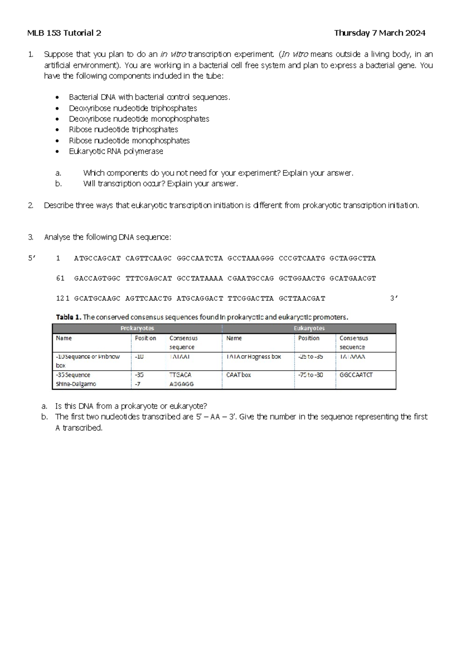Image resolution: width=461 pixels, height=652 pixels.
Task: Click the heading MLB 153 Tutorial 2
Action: tap(64, 33)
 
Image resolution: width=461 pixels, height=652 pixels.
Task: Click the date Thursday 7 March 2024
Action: tap(380, 33)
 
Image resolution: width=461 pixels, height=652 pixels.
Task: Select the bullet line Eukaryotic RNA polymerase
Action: tap(116, 151)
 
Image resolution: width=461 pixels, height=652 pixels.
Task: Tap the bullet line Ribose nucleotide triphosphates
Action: tap(123, 130)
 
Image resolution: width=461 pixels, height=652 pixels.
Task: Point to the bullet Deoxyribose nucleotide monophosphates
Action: tap(139, 119)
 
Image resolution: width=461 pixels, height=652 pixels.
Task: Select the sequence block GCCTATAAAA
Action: tap(200, 278)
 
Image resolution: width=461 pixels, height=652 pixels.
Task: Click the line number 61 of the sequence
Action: tap(60, 278)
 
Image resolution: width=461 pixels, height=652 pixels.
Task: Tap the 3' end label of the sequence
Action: tap(394, 298)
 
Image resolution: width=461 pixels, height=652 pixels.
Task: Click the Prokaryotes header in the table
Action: tap(137, 328)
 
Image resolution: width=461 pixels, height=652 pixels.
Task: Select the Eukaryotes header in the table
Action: tap(309, 328)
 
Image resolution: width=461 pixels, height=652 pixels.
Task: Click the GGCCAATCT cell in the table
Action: tap(356, 375)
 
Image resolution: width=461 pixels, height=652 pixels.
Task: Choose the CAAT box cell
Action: tap(239, 375)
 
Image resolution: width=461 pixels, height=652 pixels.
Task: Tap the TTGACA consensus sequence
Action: tap(180, 375)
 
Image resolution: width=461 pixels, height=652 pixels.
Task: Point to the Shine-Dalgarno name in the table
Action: tap(76, 384)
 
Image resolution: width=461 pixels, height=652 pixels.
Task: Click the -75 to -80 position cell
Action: tap(310, 375)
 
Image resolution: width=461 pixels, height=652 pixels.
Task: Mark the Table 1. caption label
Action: tap(68, 318)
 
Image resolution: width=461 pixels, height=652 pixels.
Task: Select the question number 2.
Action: tap(31, 206)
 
